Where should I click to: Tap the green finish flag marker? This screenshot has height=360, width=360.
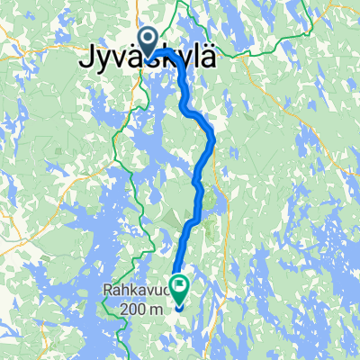click(178, 290)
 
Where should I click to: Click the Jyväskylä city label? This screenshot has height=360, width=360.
click(139, 62)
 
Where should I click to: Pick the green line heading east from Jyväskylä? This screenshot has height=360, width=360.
click(270, 36)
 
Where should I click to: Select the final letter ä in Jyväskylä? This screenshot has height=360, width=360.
click(210, 61)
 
